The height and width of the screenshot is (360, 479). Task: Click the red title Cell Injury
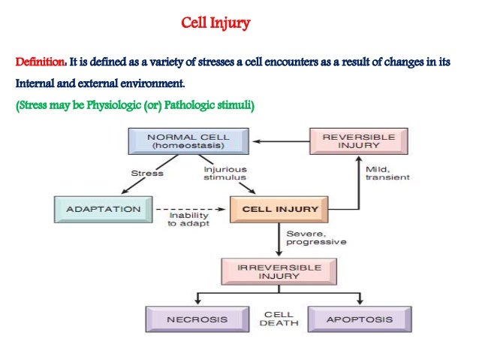coord(216,23)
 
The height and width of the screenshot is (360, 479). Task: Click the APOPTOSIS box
coord(359,319)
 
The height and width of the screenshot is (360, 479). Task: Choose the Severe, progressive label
coord(316,238)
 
